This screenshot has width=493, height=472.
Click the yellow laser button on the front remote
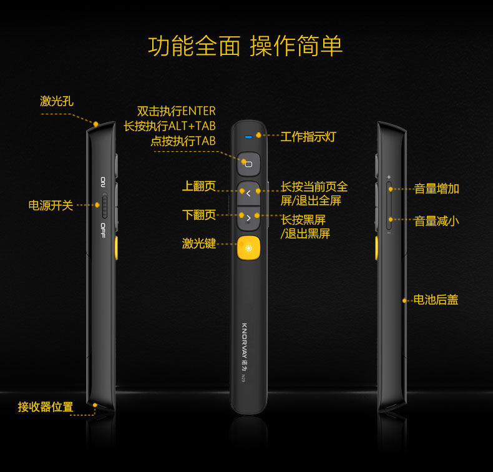coord(248,248)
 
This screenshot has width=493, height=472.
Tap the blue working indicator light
coord(248,135)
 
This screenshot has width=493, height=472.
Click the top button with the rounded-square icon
coord(248,164)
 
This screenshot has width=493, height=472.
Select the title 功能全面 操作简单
coord(246,46)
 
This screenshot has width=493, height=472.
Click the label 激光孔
coord(57,101)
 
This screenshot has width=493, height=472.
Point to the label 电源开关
coord(51,205)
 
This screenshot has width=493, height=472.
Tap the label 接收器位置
coord(46,407)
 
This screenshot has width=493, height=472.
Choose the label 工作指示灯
coord(308,136)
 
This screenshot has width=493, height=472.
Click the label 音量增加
coord(436,189)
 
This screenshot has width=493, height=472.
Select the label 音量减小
coord(436,220)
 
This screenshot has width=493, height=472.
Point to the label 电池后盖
coord(436,300)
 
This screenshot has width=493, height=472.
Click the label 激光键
coord(199,243)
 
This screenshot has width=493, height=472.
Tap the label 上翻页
coord(199,186)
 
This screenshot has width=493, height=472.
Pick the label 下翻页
coord(199,215)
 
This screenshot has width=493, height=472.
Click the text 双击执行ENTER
coord(176,111)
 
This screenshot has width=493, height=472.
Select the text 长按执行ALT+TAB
coord(169,126)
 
